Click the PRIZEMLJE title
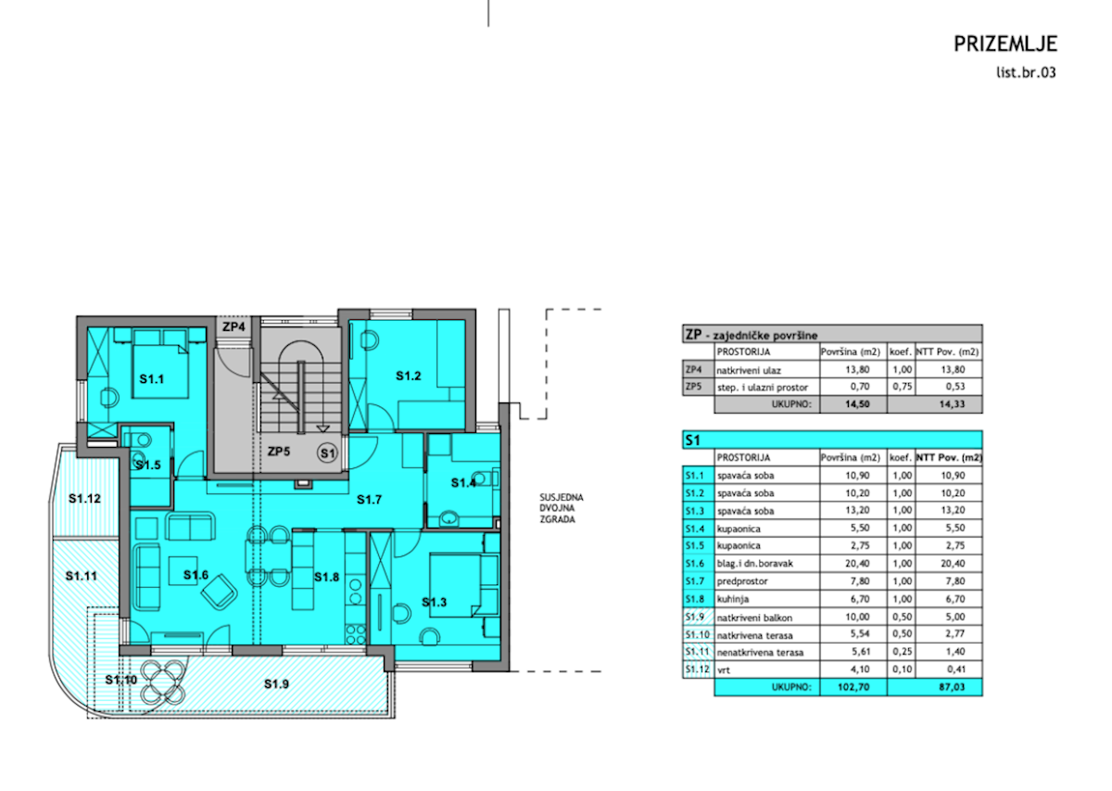point(1005,44)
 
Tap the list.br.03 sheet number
point(1026,72)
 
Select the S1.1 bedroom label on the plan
point(151,379)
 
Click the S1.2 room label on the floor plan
point(408,376)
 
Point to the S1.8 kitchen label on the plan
point(326,577)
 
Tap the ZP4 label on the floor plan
point(234,327)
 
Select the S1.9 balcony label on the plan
point(276,684)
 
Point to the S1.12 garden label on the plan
point(84,498)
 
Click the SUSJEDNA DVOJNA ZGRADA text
point(562,508)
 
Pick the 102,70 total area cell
point(853,687)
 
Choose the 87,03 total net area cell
point(952,687)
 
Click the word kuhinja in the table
point(733,599)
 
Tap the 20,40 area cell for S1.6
point(857,563)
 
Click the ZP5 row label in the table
point(693,387)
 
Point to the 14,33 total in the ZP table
point(952,404)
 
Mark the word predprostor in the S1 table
point(742,581)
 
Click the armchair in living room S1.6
point(219,592)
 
